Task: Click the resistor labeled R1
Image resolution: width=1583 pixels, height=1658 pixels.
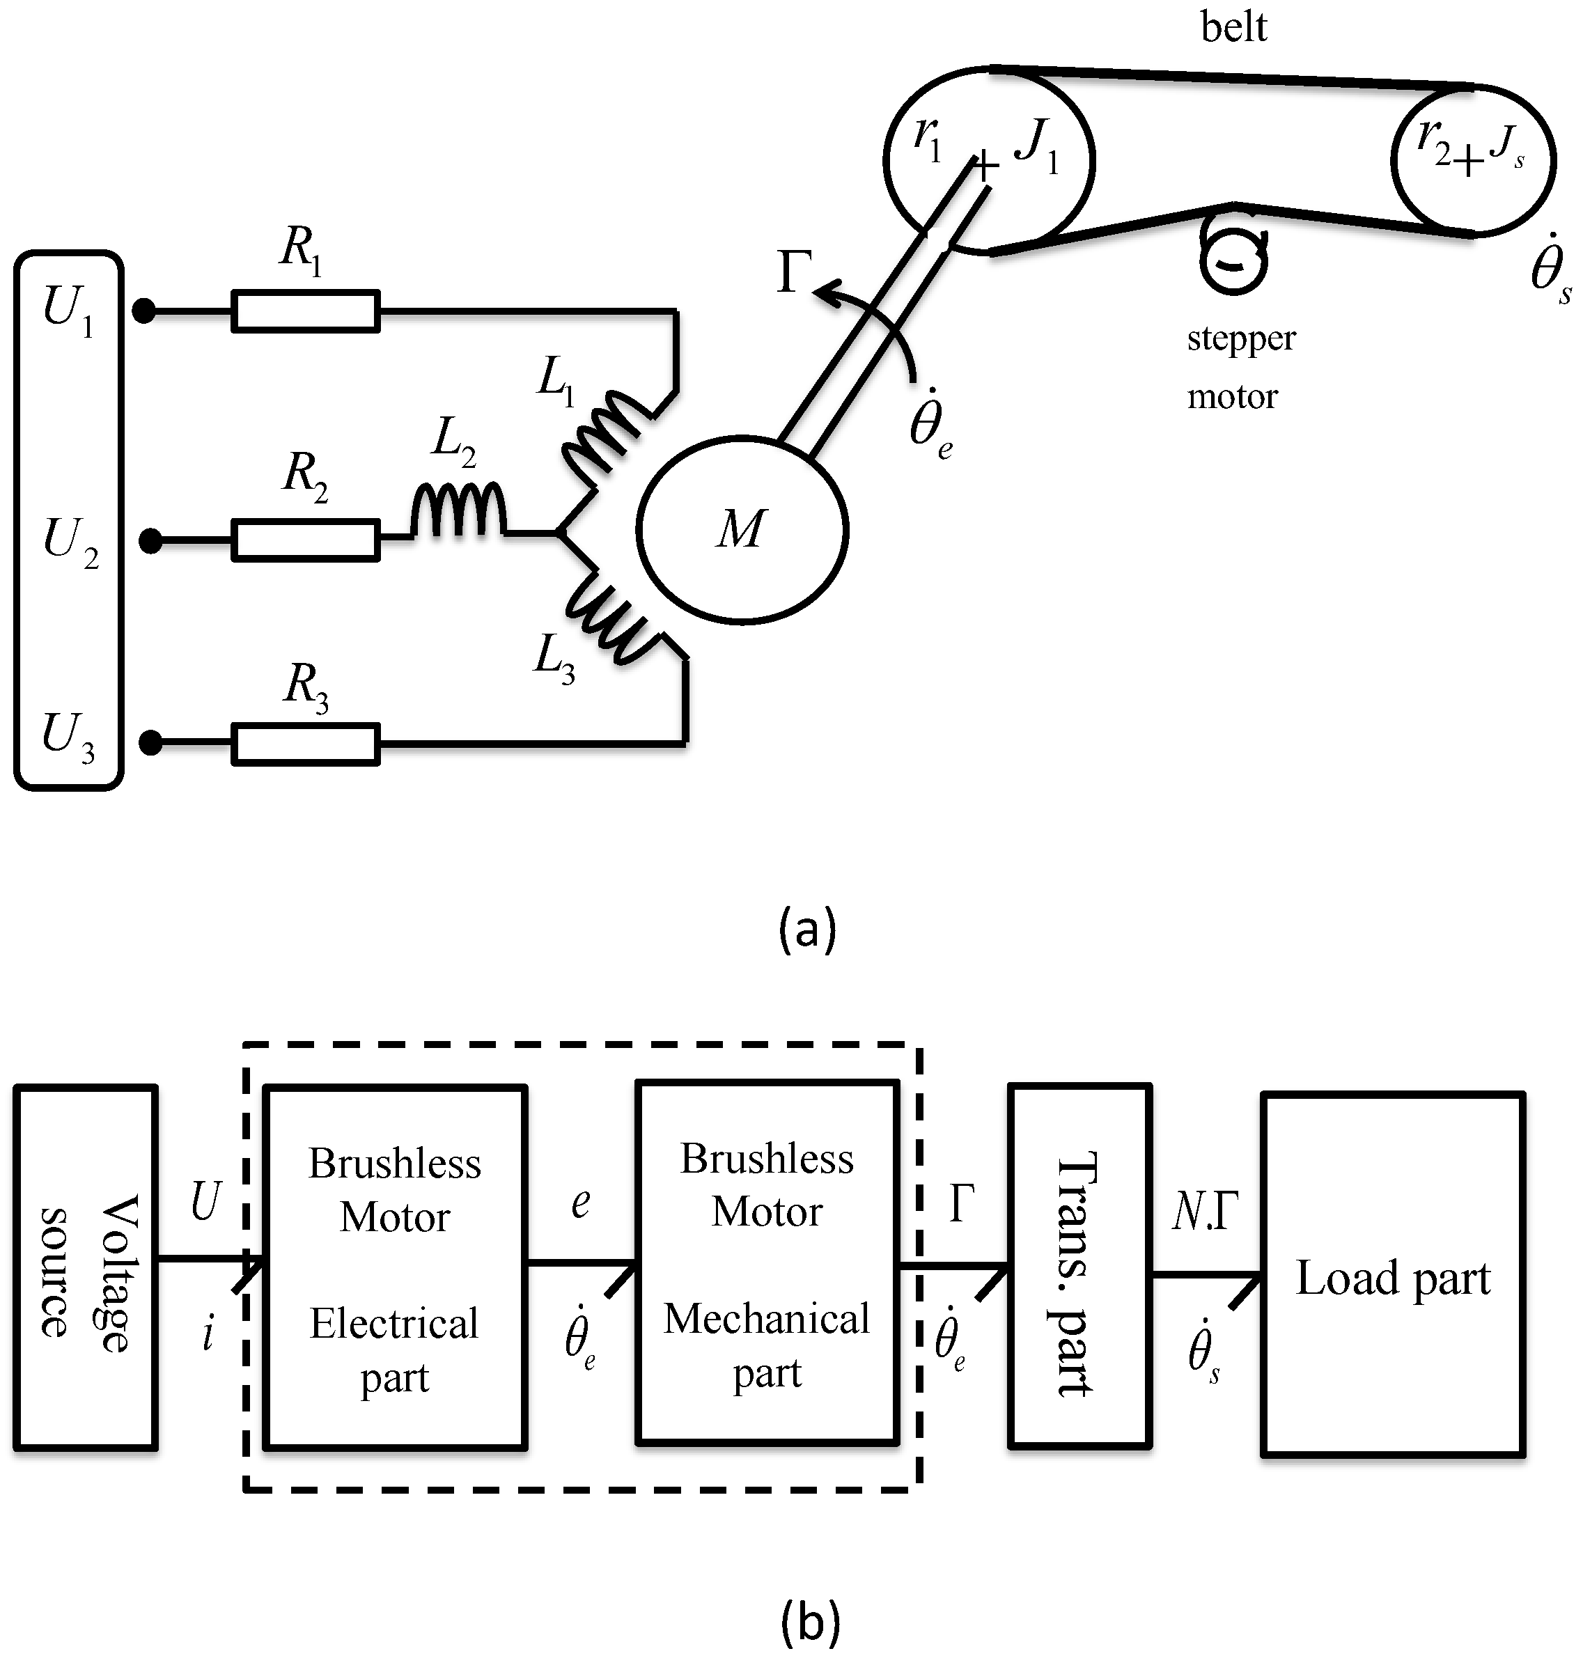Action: [306, 311]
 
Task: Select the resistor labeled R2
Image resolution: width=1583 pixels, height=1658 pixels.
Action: [306, 541]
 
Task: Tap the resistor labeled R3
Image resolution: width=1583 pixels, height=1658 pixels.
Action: [306, 744]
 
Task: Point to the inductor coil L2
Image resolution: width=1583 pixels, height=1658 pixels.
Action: [458, 510]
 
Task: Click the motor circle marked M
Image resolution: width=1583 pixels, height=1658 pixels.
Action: [742, 530]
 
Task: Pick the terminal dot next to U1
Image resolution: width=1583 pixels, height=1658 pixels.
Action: [144, 312]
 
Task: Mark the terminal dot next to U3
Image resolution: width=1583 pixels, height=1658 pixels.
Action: [150, 744]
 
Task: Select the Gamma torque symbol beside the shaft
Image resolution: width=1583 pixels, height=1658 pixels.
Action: [793, 272]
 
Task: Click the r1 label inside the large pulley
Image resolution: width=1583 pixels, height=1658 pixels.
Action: [928, 139]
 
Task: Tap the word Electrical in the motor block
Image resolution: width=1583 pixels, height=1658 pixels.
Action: [394, 1324]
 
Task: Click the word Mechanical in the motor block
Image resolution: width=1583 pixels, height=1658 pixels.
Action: [766, 1319]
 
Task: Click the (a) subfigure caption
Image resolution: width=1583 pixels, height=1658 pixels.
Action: [808, 929]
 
